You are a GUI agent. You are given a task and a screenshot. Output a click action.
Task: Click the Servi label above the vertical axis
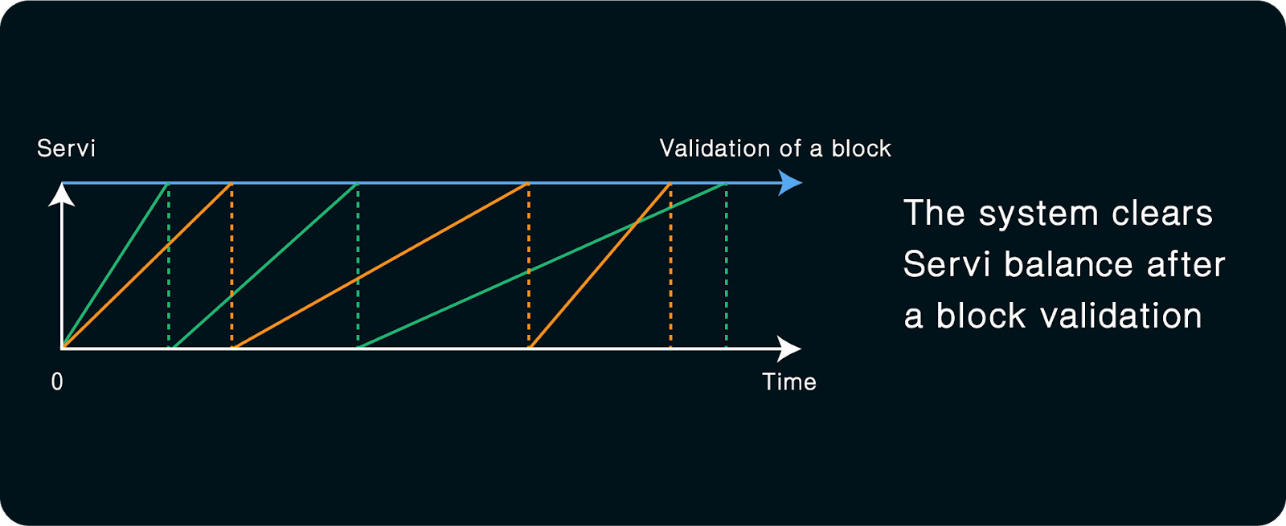[66, 149]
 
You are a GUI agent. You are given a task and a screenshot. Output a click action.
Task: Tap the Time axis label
[788, 382]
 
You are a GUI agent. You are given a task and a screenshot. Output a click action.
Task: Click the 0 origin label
[57, 382]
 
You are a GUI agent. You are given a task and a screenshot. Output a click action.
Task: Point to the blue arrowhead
[791, 183]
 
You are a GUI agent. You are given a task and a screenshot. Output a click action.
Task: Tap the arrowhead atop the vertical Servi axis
[62, 194]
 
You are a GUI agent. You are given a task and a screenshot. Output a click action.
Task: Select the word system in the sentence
[1038, 214]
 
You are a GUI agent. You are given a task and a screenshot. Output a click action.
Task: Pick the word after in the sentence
[1186, 265]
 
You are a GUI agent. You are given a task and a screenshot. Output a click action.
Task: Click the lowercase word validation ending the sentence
[1120, 316]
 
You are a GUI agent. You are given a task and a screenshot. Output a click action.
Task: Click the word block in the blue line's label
[861, 149]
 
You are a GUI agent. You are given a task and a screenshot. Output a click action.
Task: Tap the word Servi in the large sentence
[946, 265]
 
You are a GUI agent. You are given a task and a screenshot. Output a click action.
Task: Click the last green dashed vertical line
[727, 273]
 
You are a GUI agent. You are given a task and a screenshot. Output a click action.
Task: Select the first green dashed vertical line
[169, 289]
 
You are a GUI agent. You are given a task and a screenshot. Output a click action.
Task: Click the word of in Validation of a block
[790, 149]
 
